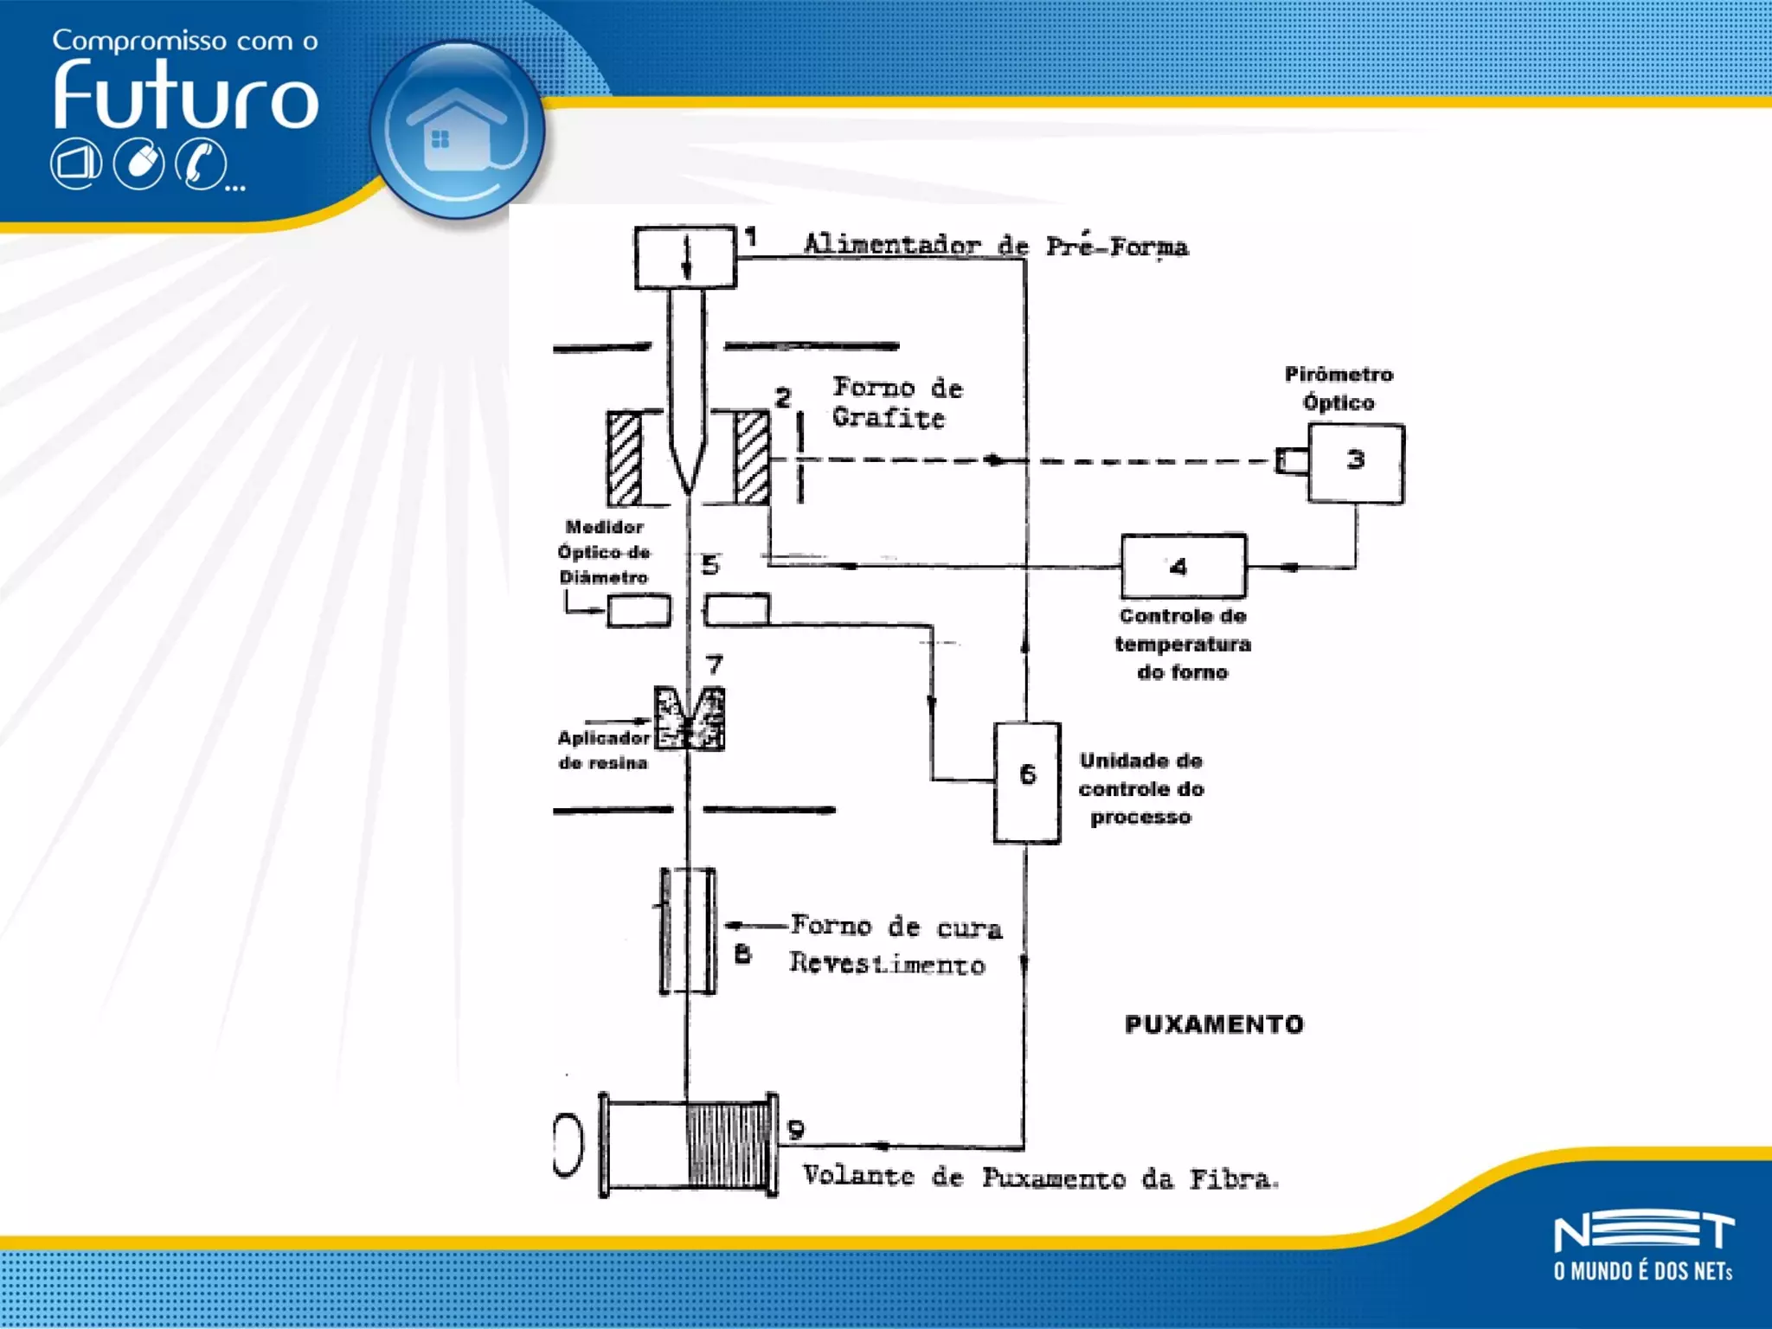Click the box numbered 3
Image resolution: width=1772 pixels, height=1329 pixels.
pos(1355,463)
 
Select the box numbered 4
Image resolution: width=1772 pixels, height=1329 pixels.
pos(1183,567)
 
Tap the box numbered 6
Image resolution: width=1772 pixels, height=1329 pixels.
pos(1026,782)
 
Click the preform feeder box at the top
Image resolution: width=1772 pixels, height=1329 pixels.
pos(685,257)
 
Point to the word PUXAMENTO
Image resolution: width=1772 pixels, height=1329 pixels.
pos(1214,1024)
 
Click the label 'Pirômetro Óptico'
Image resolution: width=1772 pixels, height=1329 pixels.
pos(1339,388)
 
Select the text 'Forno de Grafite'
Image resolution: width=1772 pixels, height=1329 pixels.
pos(896,402)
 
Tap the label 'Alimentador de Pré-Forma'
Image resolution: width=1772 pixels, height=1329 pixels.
pos(995,246)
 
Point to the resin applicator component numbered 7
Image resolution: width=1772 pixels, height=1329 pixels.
pos(690,718)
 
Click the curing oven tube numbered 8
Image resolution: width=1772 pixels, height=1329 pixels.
pos(688,931)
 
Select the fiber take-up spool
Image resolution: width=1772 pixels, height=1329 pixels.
pos(689,1146)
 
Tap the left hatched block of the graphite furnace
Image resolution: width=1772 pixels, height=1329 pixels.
pos(625,459)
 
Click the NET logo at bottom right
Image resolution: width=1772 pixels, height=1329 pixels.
pos(1643,1232)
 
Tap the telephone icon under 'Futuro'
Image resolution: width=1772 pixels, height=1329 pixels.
pos(202,163)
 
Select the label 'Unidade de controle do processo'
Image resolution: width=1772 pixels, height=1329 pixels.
pos(1140,788)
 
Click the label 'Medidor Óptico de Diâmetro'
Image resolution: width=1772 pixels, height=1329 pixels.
pos(604,552)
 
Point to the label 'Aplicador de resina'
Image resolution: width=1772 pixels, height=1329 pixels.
pos(603,750)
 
